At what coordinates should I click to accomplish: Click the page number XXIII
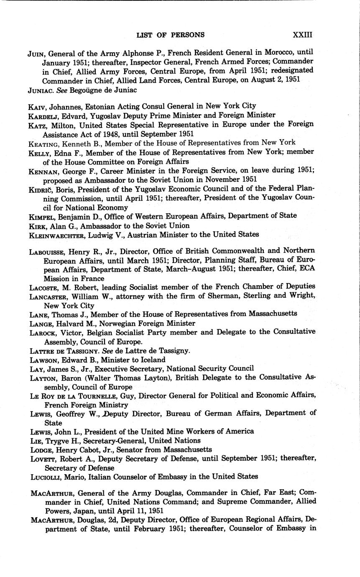click(302, 35)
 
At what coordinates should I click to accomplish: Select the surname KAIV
click(37, 106)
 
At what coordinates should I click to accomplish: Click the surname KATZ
click(38, 124)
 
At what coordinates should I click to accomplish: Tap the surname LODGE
click(40, 450)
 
